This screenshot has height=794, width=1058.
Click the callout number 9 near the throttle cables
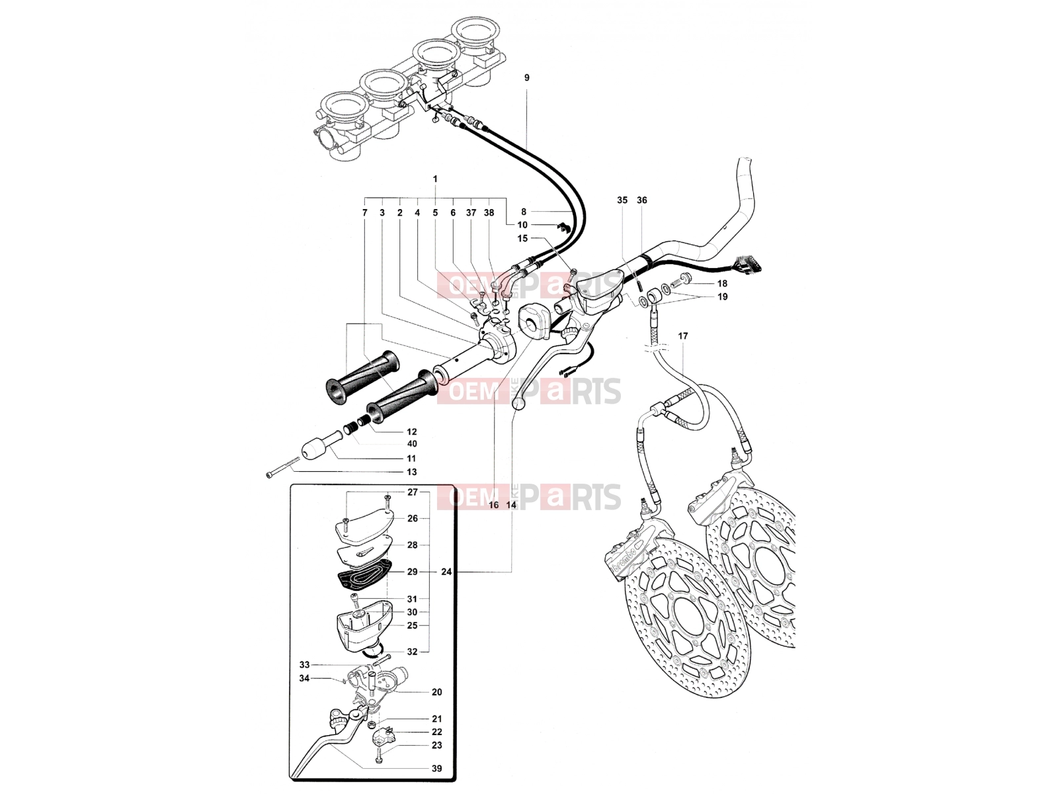tap(526, 77)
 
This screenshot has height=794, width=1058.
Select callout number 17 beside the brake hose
tap(683, 336)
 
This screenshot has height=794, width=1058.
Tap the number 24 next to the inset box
tap(446, 572)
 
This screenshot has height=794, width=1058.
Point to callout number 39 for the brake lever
tap(436, 768)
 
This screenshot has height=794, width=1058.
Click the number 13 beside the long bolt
tap(411, 472)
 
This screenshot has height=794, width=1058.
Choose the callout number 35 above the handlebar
tap(622, 200)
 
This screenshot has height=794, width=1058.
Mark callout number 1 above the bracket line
tap(434, 179)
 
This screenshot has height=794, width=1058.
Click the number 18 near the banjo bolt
tap(722, 283)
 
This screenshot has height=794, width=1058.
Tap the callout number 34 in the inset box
tap(304, 678)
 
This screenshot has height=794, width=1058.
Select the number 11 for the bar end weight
tap(411, 459)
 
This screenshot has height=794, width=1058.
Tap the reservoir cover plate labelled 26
tap(364, 526)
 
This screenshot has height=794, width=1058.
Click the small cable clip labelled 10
tap(563, 226)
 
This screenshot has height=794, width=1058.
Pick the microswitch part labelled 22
tap(384, 738)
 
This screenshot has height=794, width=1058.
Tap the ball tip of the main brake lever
tap(518, 403)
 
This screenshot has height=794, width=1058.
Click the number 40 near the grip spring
tap(411, 444)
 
